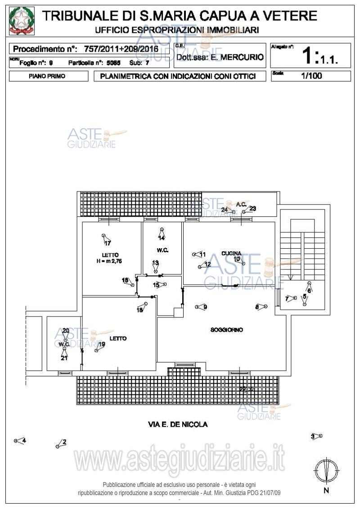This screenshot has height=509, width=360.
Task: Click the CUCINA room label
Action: (231, 253)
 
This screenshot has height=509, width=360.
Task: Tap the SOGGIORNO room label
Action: (227, 330)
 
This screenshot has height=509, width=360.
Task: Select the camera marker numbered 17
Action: (105, 238)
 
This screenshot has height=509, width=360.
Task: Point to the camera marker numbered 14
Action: (162, 233)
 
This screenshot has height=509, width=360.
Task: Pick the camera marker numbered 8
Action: (261, 307)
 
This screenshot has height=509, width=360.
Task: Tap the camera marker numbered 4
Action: (19, 441)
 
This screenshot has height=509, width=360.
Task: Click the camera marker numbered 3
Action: (317, 436)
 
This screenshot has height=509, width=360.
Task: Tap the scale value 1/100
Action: (311, 76)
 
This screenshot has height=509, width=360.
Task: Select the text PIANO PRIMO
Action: (47, 76)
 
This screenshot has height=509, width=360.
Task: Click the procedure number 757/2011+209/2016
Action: (121, 49)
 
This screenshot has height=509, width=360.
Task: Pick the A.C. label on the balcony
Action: (241, 205)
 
